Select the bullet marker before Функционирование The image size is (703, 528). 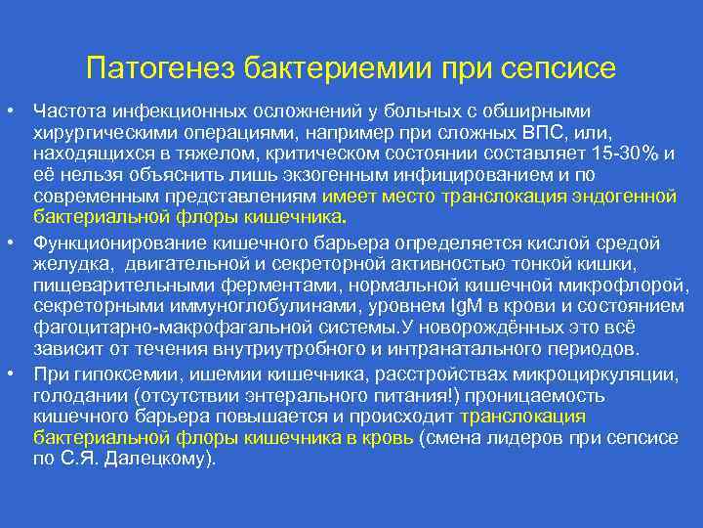[18, 241]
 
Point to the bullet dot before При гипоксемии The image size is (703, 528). [18, 373]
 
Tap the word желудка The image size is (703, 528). [68, 263]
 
